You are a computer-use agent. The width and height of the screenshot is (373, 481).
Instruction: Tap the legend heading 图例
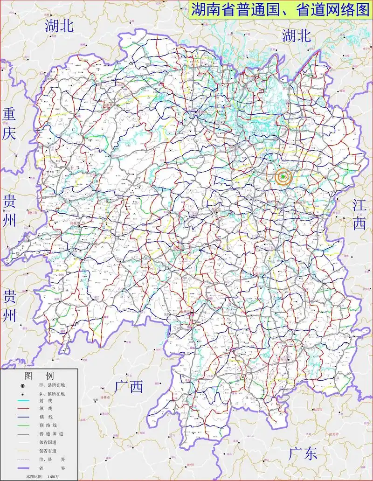pyautogui.click(x=40, y=376)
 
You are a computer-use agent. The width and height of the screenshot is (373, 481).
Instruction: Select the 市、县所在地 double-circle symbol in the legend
pyautogui.click(x=22, y=386)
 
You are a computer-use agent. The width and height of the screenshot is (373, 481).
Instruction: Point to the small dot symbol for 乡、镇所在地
pyautogui.click(x=22, y=394)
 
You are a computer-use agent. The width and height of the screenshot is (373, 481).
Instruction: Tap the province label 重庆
pyautogui.click(x=9, y=123)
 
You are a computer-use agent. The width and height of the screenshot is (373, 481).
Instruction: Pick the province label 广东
pyautogui.click(x=303, y=454)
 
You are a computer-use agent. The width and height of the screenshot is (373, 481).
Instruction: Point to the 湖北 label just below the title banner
pyautogui.click(x=296, y=35)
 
